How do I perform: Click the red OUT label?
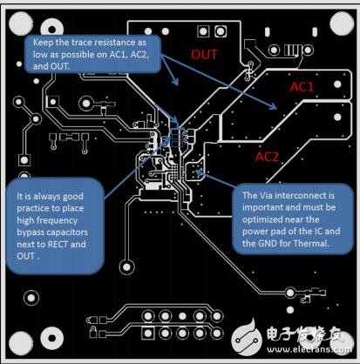pos(204,54)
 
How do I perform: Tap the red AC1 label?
pos(302,87)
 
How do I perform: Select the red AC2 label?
pos(267,157)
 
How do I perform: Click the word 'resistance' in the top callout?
pos(112,43)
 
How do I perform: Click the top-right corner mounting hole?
pos(343,24)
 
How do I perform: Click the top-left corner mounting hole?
pos(21,24)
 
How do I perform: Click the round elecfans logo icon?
pos(248,338)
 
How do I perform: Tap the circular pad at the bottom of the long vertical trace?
pos(127,267)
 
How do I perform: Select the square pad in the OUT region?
pos(203,31)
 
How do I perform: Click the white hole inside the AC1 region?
pos(337,84)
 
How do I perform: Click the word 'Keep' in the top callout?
pos(43,43)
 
